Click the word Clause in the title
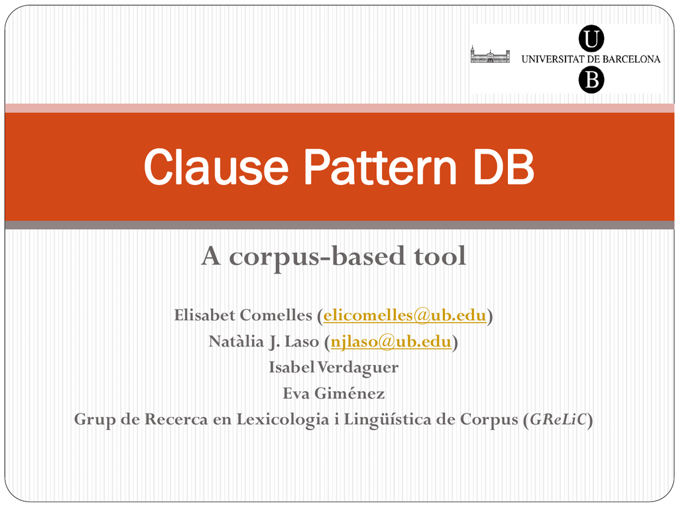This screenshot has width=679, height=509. [216, 166]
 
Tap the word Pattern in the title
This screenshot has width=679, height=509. [380, 166]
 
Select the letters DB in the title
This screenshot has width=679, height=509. [504, 166]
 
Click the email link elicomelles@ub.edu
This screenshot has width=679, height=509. [404, 315]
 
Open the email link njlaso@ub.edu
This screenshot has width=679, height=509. [391, 341]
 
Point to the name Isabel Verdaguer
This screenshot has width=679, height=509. [334, 367]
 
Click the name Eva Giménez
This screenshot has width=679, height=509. [334, 393]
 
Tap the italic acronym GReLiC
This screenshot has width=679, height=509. [558, 419]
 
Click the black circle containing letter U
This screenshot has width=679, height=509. [591, 38]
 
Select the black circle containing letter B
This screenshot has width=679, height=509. [591, 80]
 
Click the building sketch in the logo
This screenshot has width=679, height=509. [490, 55]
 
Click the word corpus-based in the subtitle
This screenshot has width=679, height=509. [317, 256]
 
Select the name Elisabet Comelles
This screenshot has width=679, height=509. [243, 315]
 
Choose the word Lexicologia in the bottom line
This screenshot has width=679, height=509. [282, 420]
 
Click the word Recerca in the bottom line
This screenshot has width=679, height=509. [176, 419]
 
